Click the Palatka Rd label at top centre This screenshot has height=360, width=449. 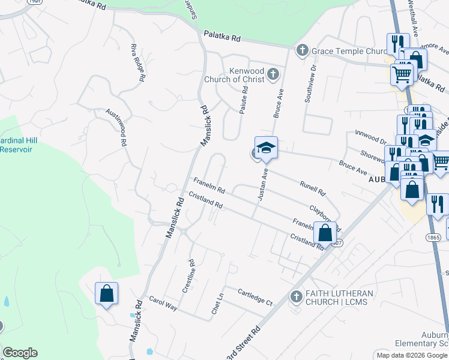222,37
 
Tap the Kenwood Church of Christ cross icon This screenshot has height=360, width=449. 273,74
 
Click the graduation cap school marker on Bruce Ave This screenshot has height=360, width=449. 266,147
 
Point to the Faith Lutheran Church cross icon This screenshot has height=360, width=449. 295,296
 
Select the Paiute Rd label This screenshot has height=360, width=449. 244,100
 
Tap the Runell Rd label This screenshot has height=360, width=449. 313,190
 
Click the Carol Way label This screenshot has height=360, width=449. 163,303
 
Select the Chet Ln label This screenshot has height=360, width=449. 217,303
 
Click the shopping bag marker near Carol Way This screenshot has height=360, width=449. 106,293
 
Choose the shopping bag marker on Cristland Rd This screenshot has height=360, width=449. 325,232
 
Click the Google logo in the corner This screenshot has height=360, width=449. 20,353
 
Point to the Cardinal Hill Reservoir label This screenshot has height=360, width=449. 18,145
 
